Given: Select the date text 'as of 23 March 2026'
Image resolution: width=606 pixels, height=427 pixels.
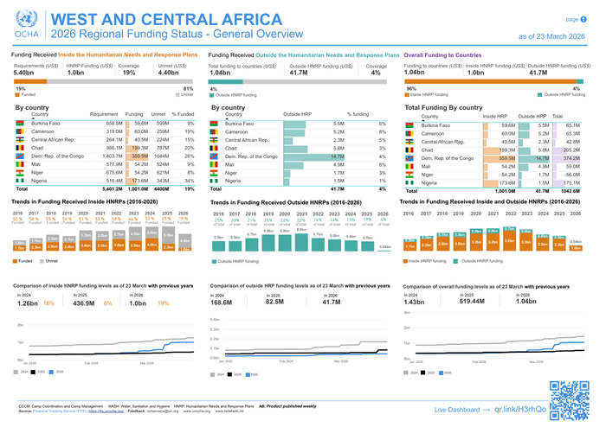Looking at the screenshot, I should (x=554, y=36).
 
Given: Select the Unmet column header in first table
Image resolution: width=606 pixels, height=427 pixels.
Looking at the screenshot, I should (x=159, y=113).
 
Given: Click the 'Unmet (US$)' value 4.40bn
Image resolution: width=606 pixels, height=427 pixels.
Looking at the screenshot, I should (x=171, y=73).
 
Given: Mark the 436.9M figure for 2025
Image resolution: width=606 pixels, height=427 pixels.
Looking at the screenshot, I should (x=83, y=303).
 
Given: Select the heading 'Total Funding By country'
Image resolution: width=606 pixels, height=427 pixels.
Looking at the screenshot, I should (x=443, y=107).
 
